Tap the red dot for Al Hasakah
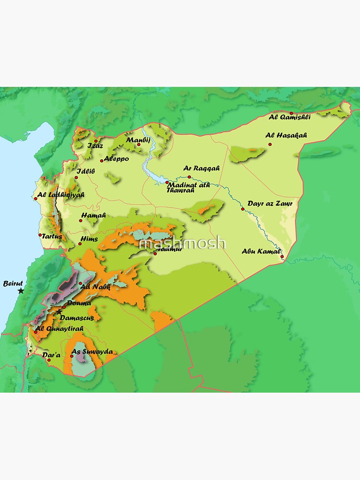[270, 144]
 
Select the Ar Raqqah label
[201, 168]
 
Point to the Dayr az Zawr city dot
[243, 209]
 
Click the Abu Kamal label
[261, 250]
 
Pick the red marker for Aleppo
[102, 160]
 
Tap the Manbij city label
[138, 140]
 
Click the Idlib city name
[86, 170]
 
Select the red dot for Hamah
[81, 221]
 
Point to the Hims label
[89, 239]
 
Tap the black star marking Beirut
[21, 291]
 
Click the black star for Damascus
[59, 312]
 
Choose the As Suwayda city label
[92, 352]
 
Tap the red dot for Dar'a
[49, 360]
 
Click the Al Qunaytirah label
[60, 328]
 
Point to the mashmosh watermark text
[182, 243]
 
